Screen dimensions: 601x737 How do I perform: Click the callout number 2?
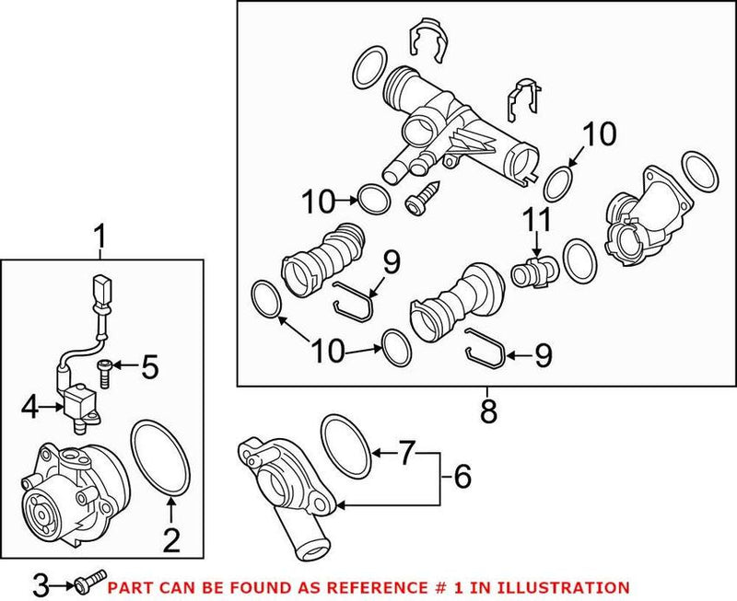(x=170, y=539)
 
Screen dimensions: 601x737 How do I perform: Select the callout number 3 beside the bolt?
(x=40, y=584)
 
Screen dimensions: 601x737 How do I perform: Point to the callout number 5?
(x=150, y=368)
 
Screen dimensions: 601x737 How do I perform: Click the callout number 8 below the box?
(x=488, y=409)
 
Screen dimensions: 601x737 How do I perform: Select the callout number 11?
(x=537, y=221)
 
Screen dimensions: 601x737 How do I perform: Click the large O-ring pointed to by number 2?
(x=160, y=458)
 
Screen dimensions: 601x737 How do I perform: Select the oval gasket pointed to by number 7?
(x=346, y=441)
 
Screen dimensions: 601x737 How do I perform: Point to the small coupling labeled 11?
(x=531, y=272)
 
